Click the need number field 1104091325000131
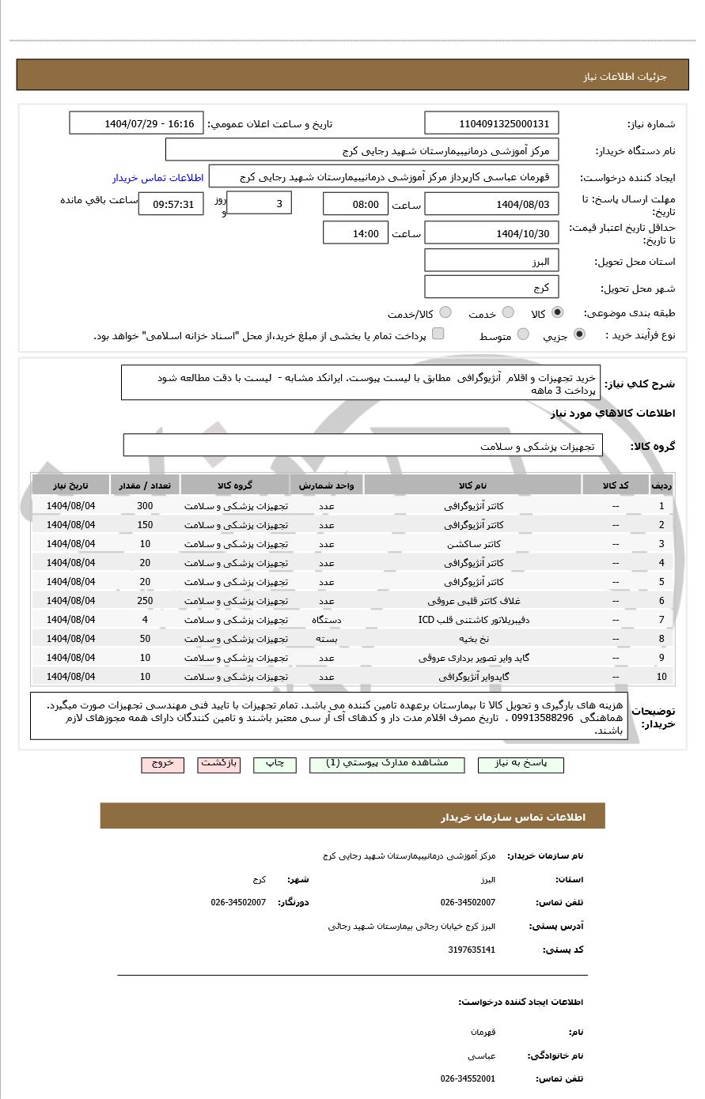[491, 123]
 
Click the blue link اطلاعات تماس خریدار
[157, 178]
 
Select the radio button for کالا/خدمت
[445, 313]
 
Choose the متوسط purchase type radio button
[523, 335]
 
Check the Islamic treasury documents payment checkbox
[438, 334]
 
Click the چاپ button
[275, 765]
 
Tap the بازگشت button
[218, 765]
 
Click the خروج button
[162, 765]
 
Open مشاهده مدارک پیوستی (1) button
[387, 765]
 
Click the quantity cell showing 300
[145, 506]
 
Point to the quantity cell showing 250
[145, 601]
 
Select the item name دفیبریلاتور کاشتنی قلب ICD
[473, 620]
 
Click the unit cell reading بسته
[327, 639]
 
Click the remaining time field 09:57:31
[171, 204]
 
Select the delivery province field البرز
[491, 261]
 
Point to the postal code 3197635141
[472, 950]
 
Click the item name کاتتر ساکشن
[473, 544]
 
